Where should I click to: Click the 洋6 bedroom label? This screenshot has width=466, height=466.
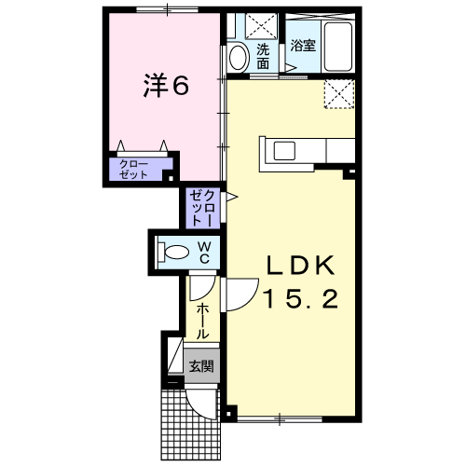[x=166, y=86]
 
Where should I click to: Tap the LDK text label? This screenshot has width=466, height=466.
[x=300, y=265]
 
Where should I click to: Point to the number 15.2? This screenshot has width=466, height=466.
[x=301, y=298]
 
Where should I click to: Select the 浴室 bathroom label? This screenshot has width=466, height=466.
[x=303, y=46]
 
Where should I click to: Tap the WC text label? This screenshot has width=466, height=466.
[x=204, y=253]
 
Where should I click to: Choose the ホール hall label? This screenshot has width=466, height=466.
[x=202, y=322]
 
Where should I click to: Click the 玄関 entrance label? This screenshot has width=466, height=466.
[x=201, y=366]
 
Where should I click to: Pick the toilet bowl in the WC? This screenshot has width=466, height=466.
[x=174, y=252]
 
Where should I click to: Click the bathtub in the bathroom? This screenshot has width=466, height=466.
[x=338, y=47]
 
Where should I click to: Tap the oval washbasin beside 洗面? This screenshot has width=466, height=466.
[x=238, y=58]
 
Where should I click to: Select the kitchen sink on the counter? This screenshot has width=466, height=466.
[x=284, y=151]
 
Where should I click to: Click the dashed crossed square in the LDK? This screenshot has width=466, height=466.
[x=339, y=94]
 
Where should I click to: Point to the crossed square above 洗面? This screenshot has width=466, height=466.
[x=261, y=26]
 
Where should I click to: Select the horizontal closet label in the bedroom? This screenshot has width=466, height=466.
[x=133, y=170]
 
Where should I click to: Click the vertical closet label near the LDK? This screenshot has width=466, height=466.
[x=202, y=208]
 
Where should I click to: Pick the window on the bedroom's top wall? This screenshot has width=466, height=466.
[x=167, y=9]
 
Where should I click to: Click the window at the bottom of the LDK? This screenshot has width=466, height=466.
[x=280, y=419]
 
